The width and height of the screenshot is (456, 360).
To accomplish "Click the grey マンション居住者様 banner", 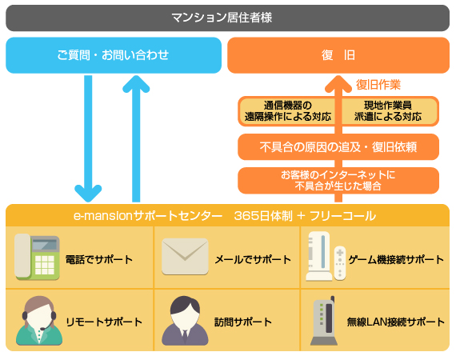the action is coord(227,18).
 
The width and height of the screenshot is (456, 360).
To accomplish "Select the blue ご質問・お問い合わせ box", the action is coord(114,55).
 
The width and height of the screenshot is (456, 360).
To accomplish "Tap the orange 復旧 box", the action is coord(338,55).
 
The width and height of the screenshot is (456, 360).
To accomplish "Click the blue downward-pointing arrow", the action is coord(88,138).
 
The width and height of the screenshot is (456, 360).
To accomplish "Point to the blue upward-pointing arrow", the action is coord(136,138).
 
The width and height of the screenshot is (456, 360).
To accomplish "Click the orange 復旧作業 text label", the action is coord(378,85).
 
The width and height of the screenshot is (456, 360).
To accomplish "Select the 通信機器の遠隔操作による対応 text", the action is coord(288,110).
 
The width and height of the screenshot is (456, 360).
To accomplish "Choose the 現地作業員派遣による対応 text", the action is coord(388,110).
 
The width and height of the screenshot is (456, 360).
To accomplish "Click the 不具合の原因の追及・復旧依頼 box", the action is coord(338,147).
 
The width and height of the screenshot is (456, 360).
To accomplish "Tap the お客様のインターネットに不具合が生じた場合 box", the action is coord(338,180).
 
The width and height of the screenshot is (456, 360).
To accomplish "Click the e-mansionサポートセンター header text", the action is coord(148,216).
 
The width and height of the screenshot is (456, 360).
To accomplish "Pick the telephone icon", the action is coord(37,257).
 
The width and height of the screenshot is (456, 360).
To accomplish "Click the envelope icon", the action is coord(185,257).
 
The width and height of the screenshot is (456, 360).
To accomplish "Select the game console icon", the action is coord(326,256).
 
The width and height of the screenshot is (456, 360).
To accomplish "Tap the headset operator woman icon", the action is coord(39,321).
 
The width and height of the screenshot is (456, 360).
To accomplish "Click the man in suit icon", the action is coord(185,321).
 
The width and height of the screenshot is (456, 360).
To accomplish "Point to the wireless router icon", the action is coord(324,321).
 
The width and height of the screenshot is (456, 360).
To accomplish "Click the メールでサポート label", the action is coord(253,259).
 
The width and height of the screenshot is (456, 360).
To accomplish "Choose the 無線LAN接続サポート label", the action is coord(396,322).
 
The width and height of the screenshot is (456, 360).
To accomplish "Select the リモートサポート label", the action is coord(104,322).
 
